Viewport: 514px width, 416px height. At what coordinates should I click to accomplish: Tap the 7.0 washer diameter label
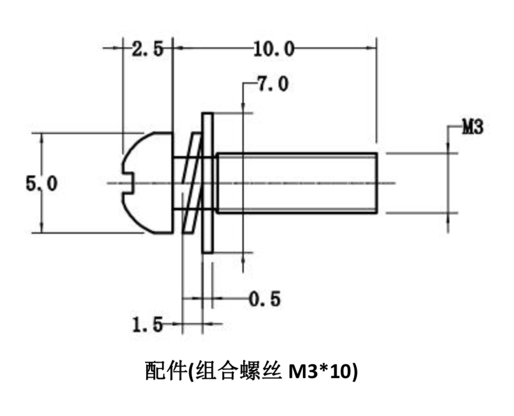coord(272,84)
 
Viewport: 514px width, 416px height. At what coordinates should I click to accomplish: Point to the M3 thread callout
coord(473,128)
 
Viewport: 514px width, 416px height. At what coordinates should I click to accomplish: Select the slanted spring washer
coord(192,183)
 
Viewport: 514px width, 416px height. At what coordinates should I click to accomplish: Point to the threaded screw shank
coord(297,183)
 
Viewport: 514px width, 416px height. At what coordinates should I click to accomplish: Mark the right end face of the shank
coord(376,183)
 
